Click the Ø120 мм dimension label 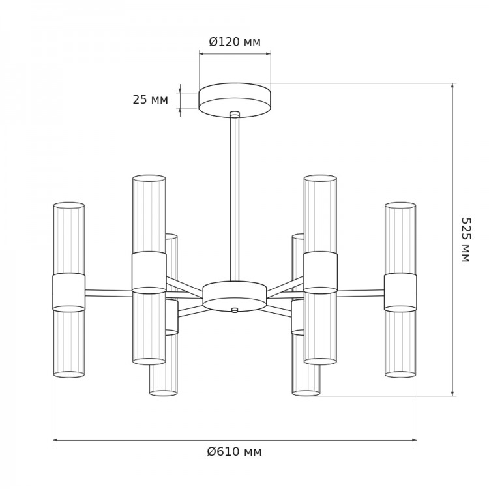click(x=235, y=42)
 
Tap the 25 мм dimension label click(x=151, y=100)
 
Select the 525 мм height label click(x=466, y=240)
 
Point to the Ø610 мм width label click(x=235, y=451)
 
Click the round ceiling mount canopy click(x=235, y=100)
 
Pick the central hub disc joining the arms click(x=235, y=296)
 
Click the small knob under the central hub click(x=235, y=310)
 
